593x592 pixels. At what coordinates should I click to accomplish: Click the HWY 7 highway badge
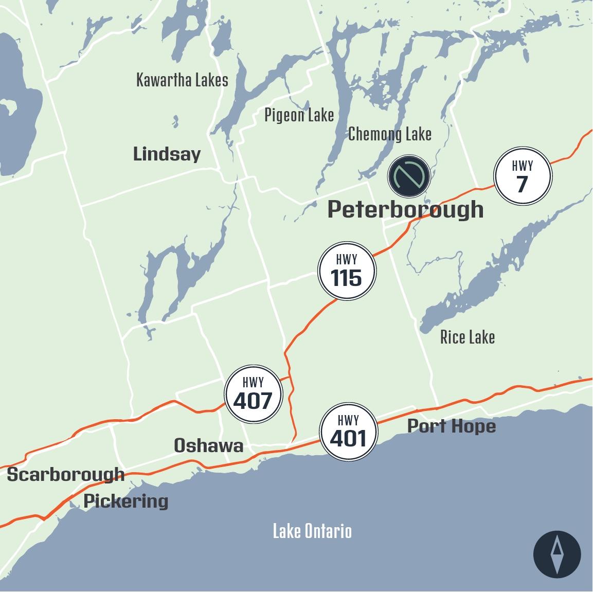click(523, 176)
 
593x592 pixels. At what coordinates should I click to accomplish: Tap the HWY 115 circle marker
click(347, 271)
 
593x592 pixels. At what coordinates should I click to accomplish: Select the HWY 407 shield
click(254, 394)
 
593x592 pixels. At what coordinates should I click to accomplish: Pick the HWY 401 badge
click(349, 432)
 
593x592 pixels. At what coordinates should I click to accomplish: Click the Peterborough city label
click(405, 209)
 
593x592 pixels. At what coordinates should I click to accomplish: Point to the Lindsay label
click(167, 154)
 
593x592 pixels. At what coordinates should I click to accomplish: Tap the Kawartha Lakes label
click(182, 80)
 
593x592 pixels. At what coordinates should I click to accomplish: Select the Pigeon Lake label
click(299, 115)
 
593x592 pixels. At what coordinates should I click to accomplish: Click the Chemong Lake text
click(389, 134)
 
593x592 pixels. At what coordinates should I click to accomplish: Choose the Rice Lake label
click(468, 337)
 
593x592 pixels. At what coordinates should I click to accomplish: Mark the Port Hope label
click(452, 426)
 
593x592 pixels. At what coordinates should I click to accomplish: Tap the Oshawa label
click(208, 445)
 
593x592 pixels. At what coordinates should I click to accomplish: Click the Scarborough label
click(65, 475)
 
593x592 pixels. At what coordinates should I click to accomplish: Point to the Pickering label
click(126, 500)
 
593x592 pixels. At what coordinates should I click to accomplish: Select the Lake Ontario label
click(312, 531)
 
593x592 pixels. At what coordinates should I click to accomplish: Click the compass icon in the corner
click(557, 554)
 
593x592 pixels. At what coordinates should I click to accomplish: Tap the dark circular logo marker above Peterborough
click(409, 176)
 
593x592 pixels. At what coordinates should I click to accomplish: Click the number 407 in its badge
click(253, 401)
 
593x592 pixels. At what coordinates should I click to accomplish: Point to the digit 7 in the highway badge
click(523, 184)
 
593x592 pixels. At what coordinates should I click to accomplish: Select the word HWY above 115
click(347, 259)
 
